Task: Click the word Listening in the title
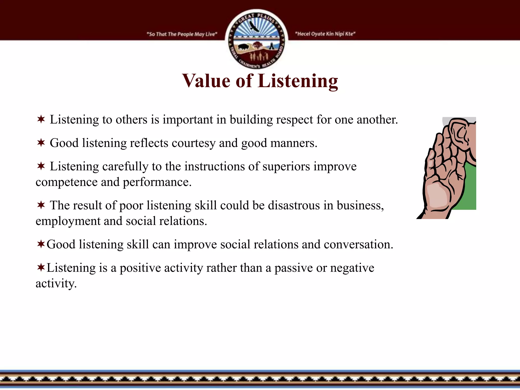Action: click(x=298, y=81)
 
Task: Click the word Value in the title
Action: click(x=206, y=81)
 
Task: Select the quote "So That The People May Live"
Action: click(x=182, y=34)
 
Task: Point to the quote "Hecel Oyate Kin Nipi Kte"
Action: click(x=325, y=34)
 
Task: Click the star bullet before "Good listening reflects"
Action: click(x=41, y=143)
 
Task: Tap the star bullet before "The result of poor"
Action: click(x=41, y=205)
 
